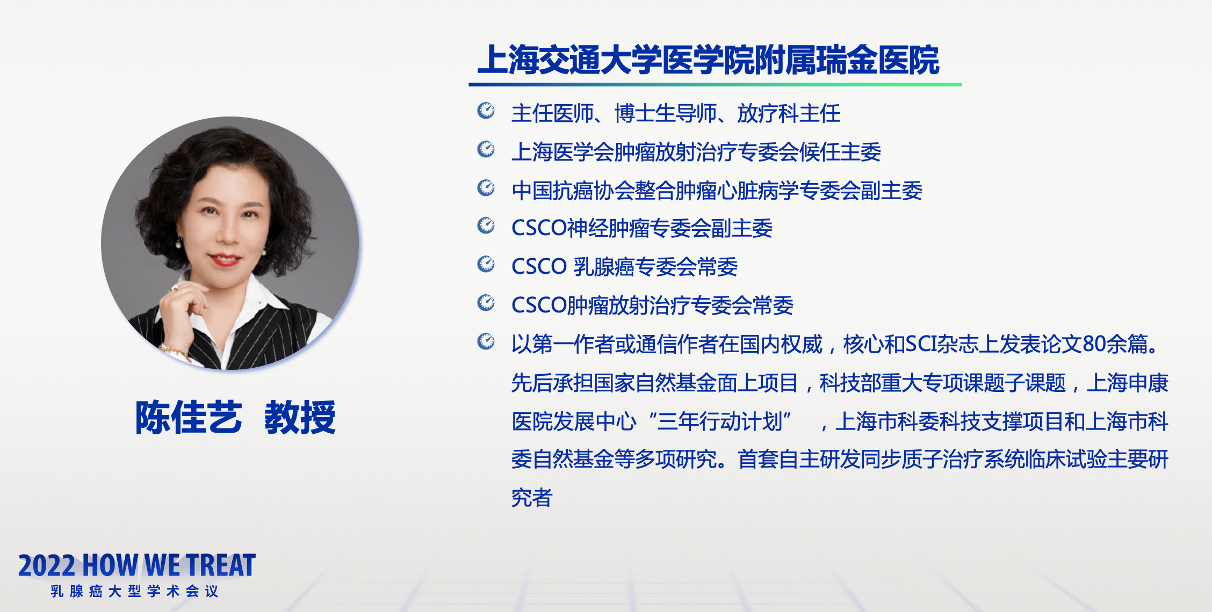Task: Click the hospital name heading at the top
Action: pos(708,60)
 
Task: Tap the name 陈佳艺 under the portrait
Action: pos(189,417)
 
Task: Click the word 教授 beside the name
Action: pos(300,417)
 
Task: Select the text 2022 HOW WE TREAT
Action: pos(137,565)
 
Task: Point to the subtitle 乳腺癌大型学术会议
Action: pos(135,591)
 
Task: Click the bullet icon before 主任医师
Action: pos(486,111)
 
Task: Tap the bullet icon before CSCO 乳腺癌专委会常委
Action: pos(486,264)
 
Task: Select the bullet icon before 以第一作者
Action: pos(486,341)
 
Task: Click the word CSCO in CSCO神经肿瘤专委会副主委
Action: pos(539,228)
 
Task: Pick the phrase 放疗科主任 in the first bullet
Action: pos(789,113)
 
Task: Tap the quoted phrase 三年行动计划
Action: pos(720,421)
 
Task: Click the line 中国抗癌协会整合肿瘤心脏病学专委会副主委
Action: pos(717,191)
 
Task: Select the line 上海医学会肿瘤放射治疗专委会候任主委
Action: pos(696,152)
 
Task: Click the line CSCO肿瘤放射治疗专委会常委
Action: pos(652,305)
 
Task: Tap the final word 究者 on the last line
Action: pos(532,498)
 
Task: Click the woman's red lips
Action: pos(225,260)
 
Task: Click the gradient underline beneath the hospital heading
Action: pos(715,84)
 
